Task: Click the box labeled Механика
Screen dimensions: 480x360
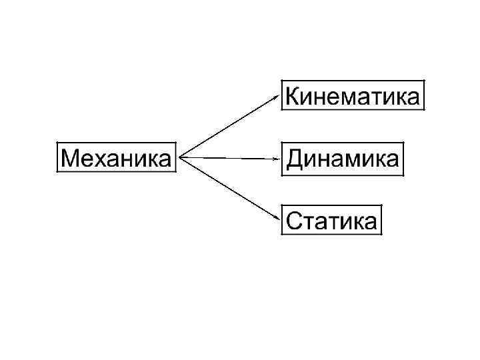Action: [x=117, y=158]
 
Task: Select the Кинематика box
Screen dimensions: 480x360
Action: [x=353, y=97]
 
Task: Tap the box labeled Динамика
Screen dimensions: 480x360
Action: [x=343, y=159]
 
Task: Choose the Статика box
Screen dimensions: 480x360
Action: [x=332, y=219]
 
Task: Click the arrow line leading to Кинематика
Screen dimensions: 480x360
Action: [x=230, y=125]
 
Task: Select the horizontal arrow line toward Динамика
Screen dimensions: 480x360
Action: [x=230, y=158]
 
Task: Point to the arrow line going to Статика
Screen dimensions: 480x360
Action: [x=230, y=189]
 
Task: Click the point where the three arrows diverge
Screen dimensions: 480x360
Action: [x=181, y=158]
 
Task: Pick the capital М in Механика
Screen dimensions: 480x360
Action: [x=69, y=159]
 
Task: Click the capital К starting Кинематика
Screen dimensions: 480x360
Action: [x=293, y=97]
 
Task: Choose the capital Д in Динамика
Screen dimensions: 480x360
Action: [x=295, y=159]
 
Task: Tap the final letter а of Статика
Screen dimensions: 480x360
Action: [x=371, y=222]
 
